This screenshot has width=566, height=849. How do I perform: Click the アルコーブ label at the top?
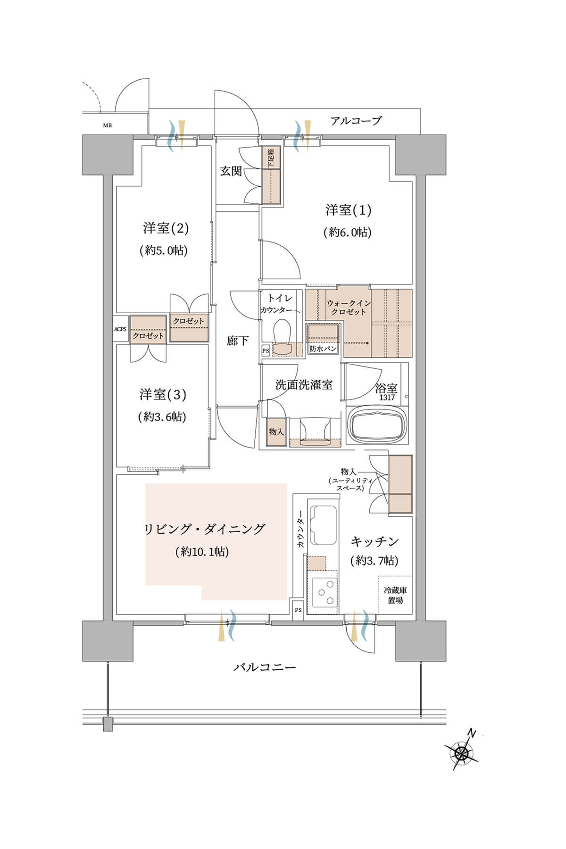pyautogui.click(x=356, y=121)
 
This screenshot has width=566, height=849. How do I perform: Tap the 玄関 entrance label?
pyautogui.click(x=231, y=171)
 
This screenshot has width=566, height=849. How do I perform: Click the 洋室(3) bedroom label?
pyautogui.click(x=163, y=394)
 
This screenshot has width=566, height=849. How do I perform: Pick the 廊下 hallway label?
pyautogui.click(x=237, y=341)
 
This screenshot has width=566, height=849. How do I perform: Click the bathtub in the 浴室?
pyautogui.click(x=377, y=426)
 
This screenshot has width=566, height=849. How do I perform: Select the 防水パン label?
pyautogui.click(x=323, y=349)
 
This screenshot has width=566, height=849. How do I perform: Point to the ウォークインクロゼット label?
pyautogui.click(x=349, y=308)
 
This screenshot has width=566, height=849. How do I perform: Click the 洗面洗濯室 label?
pyautogui.click(x=304, y=385)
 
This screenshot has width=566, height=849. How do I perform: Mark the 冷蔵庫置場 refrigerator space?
pyautogui.click(x=395, y=595)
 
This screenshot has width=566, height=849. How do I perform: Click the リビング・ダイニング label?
pyautogui.click(x=204, y=529)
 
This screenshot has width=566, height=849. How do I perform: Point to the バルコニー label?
pyautogui.click(x=265, y=667)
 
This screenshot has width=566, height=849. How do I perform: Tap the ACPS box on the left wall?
pyautogui.click(x=120, y=329)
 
